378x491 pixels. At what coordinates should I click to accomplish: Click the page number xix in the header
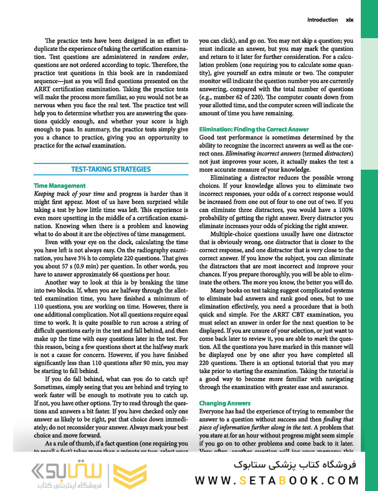click(350, 20)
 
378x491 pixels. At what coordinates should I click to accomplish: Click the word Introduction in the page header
click(322, 20)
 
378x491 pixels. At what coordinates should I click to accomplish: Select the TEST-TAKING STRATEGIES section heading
click(111, 169)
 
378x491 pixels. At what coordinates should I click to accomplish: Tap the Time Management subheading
click(60, 186)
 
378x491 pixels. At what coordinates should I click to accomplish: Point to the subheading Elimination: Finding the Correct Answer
click(254, 129)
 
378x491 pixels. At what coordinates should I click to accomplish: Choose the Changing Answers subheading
click(225, 403)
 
